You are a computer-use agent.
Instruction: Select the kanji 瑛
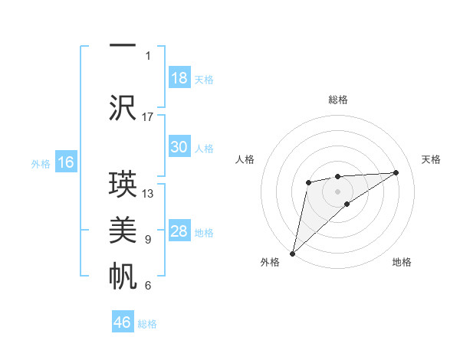(123, 185)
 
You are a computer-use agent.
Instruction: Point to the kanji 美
(123, 230)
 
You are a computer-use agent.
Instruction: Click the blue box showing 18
(179, 78)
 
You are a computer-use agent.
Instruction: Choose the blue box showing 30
(179, 147)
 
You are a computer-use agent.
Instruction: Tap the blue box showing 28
(179, 231)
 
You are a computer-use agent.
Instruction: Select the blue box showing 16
(66, 162)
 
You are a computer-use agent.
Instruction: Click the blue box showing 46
(123, 322)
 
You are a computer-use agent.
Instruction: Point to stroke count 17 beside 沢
(148, 116)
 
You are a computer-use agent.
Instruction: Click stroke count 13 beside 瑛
(148, 194)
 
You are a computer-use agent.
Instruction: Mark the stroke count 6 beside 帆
(148, 286)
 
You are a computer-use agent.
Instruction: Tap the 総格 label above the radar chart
(338, 100)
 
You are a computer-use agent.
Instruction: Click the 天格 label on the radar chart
(431, 159)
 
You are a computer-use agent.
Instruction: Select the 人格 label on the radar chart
(245, 159)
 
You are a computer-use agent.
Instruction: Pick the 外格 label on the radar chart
(270, 263)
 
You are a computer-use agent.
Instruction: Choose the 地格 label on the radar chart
(402, 263)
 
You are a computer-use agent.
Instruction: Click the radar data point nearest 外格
(292, 253)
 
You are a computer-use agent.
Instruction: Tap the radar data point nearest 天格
(396, 172)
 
